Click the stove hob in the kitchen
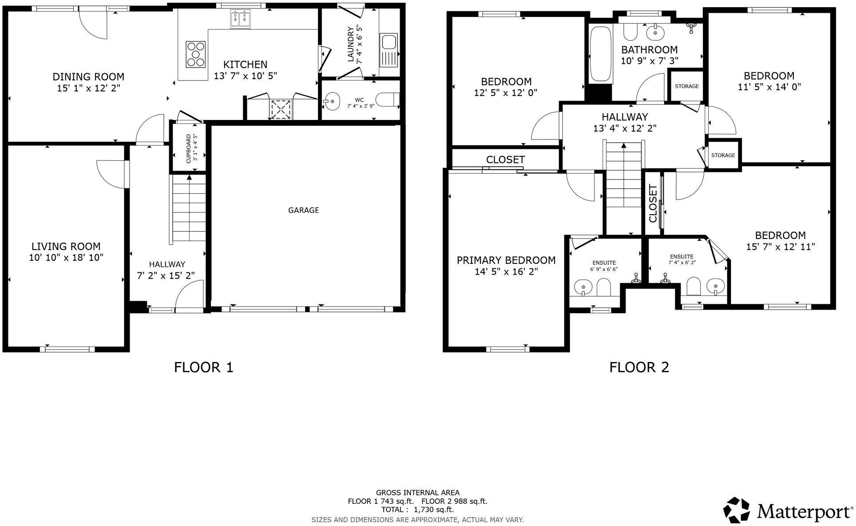point(196,54)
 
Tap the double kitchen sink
point(240,19)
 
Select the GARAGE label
point(304,210)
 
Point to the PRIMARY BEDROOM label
point(506,260)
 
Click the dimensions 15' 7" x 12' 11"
point(780,247)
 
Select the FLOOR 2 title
point(639,367)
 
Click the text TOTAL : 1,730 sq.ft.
point(418,510)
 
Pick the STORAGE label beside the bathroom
point(686,86)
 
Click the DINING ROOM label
point(88,77)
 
